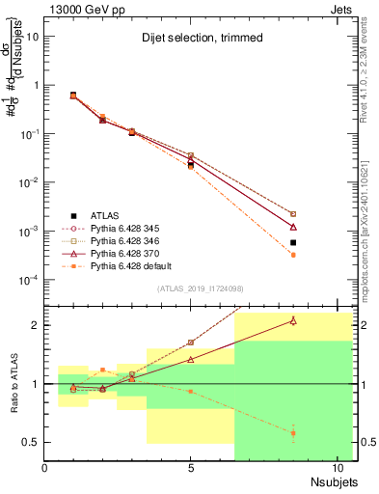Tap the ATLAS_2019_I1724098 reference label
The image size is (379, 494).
pos(201,288)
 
